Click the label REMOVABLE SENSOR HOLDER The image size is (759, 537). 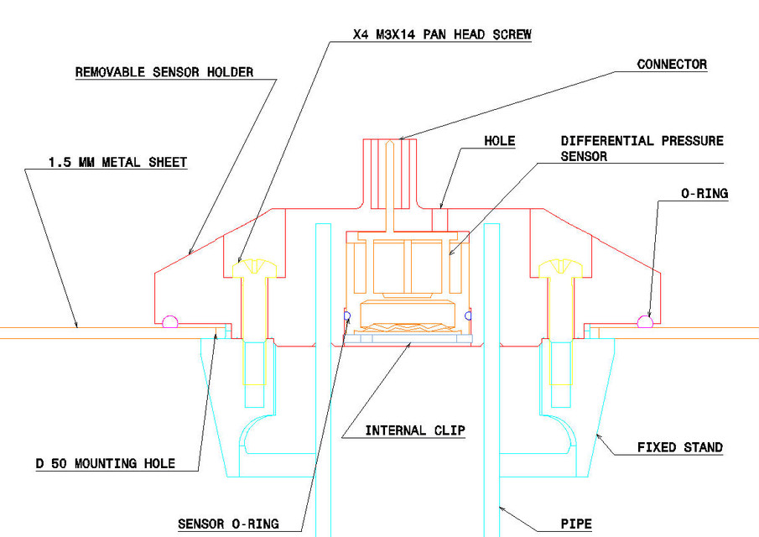(x=164, y=72)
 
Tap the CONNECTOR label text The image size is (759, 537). (x=672, y=64)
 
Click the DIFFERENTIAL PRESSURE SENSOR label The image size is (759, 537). (x=642, y=149)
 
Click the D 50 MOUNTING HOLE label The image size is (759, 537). (x=105, y=463)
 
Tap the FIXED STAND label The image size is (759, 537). (x=679, y=447)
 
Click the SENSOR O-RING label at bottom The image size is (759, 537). (x=227, y=525)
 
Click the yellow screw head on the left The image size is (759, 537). (x=253, y=268)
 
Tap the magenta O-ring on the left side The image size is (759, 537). (x=170, y=320)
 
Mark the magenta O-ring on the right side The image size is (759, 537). (x=645, y=320)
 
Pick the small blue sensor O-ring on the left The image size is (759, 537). (x=346, y=315)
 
